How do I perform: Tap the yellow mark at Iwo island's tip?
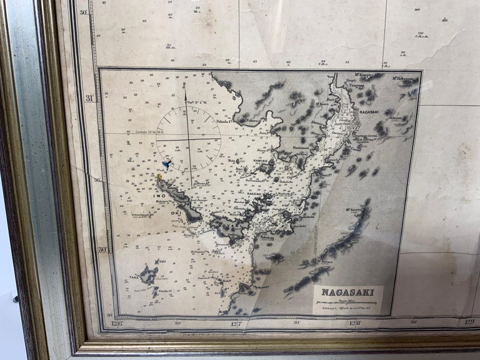(159, 177)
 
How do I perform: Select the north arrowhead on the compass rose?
(185, 94)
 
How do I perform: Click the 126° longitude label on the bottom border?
(116, 323)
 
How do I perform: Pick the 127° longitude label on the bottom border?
(236, 323)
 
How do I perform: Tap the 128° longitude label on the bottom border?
(354, 323)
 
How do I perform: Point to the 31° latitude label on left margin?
(89, 98)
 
